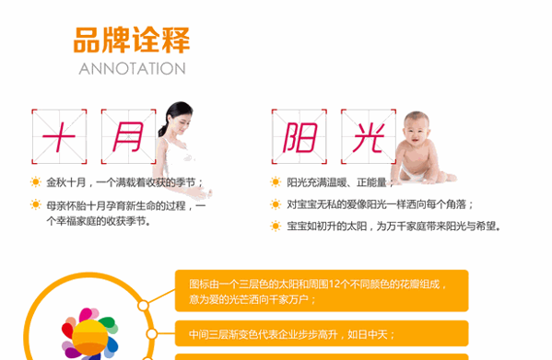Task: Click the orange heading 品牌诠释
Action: click(131, 41)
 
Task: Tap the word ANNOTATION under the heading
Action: click(132, 69)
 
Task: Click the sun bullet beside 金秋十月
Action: click(35, 181)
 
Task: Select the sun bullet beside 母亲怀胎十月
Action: click(35, 204)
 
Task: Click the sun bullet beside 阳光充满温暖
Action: click(275, 181)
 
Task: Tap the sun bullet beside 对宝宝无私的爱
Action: click(275, 203)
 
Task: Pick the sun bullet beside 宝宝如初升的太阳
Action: click(275, 226)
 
